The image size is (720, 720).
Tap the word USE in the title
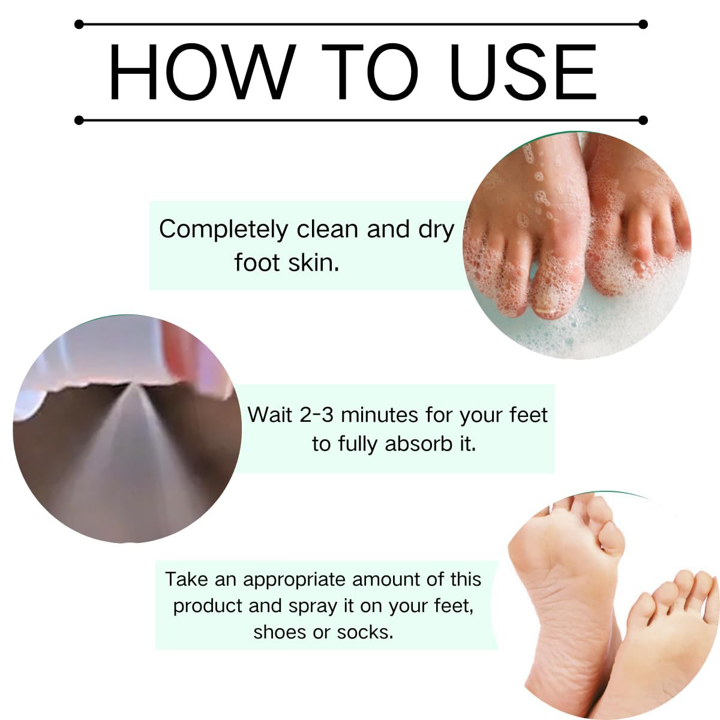click(x=523, y=72)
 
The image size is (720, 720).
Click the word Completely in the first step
click(x=223, y=230)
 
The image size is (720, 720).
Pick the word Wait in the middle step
click(x=269, y=415)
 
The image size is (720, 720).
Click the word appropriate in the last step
click(x=294, y=580)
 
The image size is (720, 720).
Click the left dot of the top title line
click(x=79, y=25)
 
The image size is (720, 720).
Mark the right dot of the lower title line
click(x=643, y=121)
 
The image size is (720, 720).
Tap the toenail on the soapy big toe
click(x=545, y=310)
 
